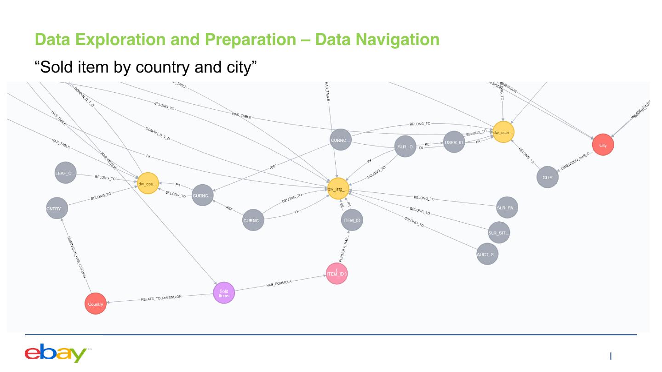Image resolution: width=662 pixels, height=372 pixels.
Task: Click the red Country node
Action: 96,304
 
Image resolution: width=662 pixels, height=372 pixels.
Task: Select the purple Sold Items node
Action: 224,293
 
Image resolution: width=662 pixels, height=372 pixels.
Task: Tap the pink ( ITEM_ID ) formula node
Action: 337,274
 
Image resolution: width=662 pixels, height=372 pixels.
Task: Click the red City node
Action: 603,145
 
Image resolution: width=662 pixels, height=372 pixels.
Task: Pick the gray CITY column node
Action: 547,177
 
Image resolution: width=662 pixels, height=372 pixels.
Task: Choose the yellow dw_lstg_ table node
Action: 338,189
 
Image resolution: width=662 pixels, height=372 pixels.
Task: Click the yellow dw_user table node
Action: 503,132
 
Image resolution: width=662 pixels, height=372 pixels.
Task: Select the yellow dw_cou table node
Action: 148,183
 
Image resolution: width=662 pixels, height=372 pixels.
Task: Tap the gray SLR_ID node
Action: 405,147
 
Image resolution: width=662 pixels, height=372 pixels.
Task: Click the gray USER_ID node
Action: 454,142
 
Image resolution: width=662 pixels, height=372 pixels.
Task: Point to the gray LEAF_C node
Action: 65,173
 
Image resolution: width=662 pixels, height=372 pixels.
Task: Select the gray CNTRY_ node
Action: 57,209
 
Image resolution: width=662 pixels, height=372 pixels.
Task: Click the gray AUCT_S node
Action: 487,254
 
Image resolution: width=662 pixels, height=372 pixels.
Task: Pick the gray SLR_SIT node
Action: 499,233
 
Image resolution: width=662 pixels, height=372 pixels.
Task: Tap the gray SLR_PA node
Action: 507,208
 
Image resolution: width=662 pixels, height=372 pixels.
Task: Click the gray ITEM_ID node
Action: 352,220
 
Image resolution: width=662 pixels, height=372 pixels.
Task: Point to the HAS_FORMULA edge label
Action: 279,284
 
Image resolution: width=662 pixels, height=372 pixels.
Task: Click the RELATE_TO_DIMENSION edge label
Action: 161,299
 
